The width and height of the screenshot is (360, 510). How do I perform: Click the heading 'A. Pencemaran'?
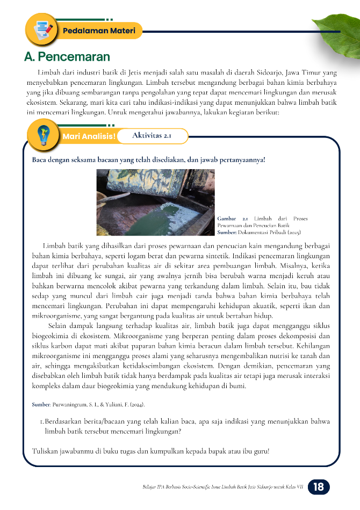(67, 56)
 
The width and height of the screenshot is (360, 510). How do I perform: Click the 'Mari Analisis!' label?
(89, 136)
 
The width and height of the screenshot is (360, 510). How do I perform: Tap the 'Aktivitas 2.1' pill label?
(152, 136)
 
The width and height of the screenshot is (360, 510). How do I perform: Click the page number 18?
(318, 487)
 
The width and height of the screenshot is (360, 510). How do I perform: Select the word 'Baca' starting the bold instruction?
(39, 160)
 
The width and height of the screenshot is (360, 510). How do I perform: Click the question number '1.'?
(42, 421)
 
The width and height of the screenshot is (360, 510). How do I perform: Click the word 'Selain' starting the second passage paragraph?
(59, 325)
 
